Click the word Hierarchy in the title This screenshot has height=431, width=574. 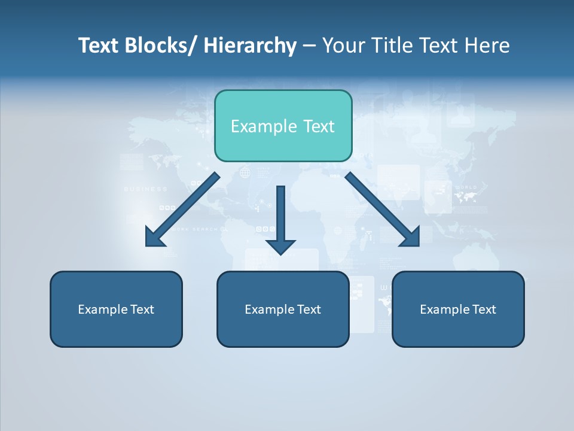click(x=250, y=46)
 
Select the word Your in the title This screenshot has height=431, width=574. click(x=343, y=46)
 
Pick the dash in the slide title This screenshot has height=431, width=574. click(x=309, y=47)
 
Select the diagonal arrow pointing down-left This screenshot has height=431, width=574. click(x=182, y=210)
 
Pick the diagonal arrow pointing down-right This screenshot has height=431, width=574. click(x=383, y=210)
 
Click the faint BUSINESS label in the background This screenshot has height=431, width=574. click(x=146, y=189)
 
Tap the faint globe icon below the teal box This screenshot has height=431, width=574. click(x=245, y=174)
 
